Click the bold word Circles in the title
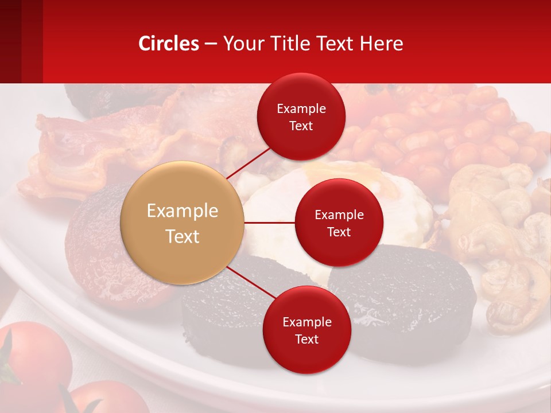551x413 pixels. pos(168,44)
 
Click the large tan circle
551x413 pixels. pos(183,223)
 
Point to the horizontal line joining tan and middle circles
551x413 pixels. pos(269,223)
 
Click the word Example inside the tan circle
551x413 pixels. pos(183,211)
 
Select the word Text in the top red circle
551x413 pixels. pos(301,126)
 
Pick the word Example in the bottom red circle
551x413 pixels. pos(306,322)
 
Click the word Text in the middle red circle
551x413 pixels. pos(339,232)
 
